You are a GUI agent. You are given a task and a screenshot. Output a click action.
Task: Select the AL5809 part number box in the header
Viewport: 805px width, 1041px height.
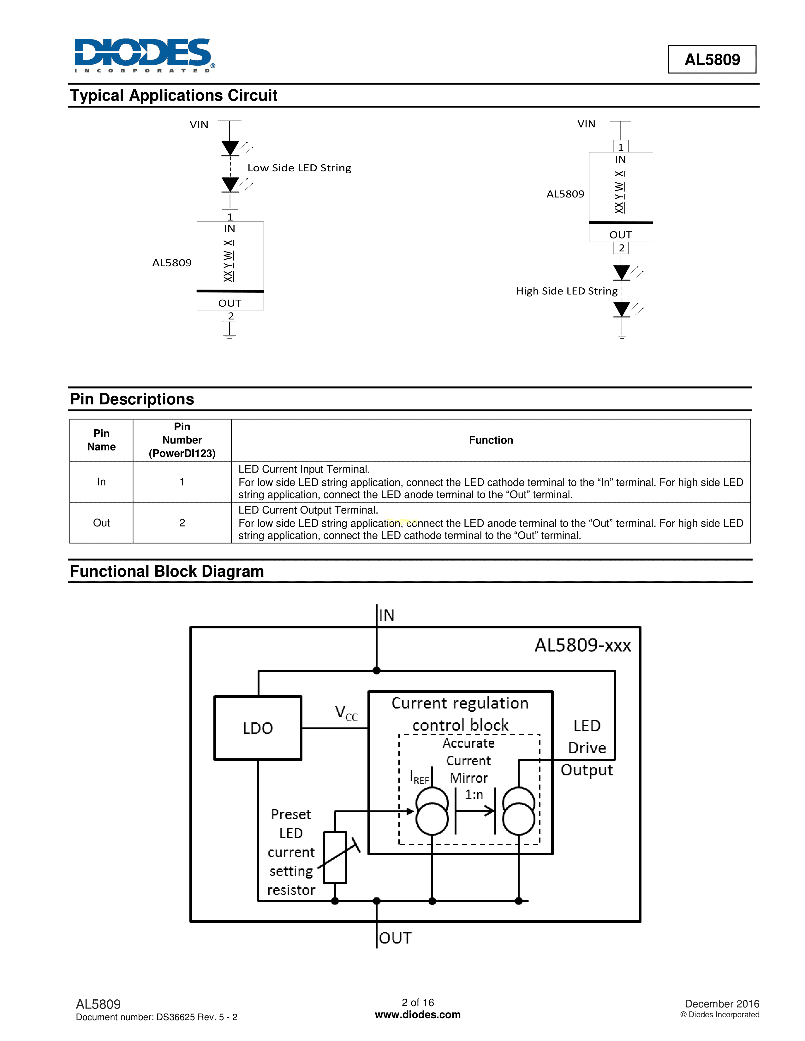pyautogui.click(x=712, y=60)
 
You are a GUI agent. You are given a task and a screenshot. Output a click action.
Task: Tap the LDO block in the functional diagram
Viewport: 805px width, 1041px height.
pyautogui.click(x=258, y=728)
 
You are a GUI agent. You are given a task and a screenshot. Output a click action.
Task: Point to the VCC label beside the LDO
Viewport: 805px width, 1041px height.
pyautogui.click(x=346, y=714)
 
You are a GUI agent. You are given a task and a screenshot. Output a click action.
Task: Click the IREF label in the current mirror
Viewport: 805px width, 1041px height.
pyautogui.click(x=419, y=777)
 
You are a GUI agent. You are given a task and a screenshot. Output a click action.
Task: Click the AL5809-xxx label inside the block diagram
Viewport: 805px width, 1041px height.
pyautogui.click(x=582, y=645)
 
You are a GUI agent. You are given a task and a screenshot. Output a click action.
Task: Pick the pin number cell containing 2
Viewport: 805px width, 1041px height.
pyautogui.click(x=182, y=523)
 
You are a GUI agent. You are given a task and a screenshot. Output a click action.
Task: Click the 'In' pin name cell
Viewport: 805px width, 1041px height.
pyautogui.click(x=101, y=482)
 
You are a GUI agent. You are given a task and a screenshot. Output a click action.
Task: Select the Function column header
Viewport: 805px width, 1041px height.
pyautogui.click(x=491, y=440)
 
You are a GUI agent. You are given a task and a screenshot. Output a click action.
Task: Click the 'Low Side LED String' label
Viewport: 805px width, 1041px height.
pyautogui.click(x=299, y=168)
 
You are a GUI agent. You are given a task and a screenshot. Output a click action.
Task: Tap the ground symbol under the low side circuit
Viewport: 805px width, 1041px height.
pyautogui.click(x=230, y=335)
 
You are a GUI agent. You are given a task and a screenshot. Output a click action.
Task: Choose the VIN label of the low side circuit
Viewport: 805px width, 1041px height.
pyautogui.click(x=199, y=125)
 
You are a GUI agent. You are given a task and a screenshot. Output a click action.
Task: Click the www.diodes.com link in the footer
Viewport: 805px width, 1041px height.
pyautogui.click(x=417, y=1015)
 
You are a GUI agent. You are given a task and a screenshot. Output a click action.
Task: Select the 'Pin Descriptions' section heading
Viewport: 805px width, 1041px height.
pyautogui.click(x=132, y=399)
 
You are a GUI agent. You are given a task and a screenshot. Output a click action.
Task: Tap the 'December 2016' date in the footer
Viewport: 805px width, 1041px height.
pyautogui.click(x=722, y=1004)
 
